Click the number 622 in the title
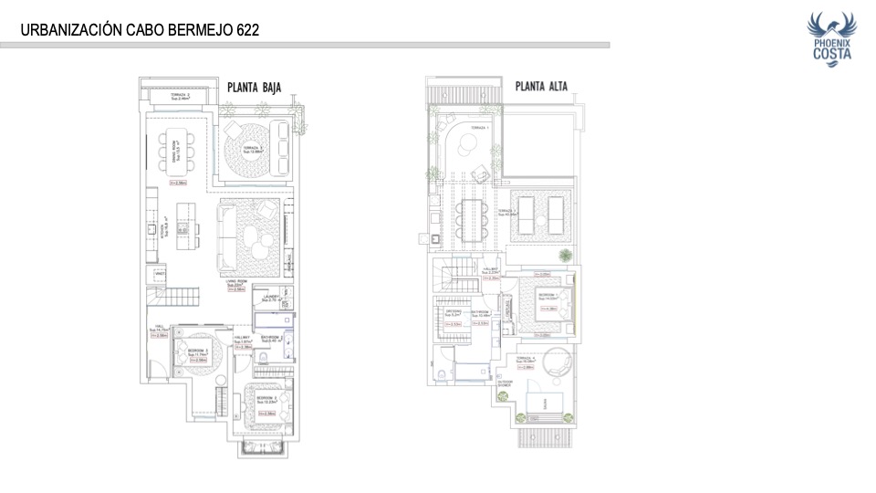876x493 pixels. (x=245, y=30)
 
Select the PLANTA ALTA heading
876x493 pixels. (x=541, y=88)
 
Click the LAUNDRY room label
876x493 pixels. (x=271, y=298)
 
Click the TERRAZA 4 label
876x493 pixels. (x=524, y=359)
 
